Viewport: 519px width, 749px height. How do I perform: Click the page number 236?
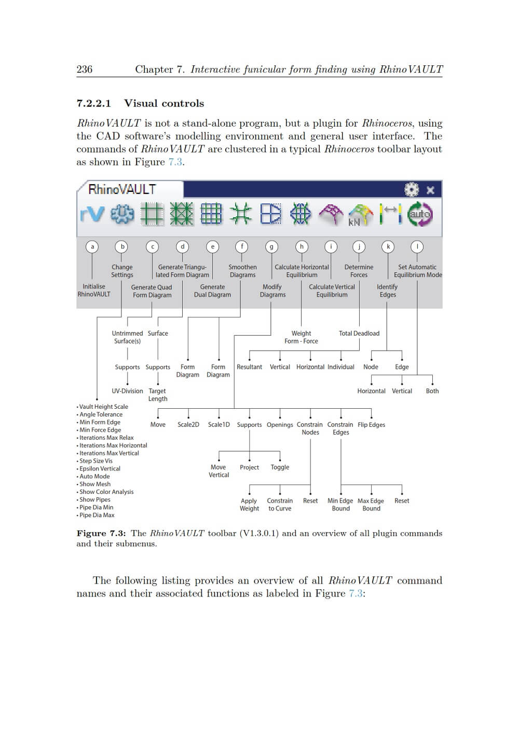pyautogui.click(x=84, y=70)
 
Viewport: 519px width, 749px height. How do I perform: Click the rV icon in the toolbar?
pyautogui.click(x=92, y=214)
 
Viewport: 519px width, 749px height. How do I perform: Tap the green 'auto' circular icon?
pyautogui.click(x=419, y=214)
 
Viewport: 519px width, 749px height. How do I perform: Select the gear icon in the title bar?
pyautogui.click(x=411, y=189)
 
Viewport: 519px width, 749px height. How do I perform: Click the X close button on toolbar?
pyautogui.click(x=430, y=190)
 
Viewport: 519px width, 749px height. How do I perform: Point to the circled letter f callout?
pyautogui.click(x=242, y=246)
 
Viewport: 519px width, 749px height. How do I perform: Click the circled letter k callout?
pyautogui.click(x=388, y=246)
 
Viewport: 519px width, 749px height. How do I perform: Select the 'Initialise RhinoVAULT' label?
pyautogui.click(x=94, y=290)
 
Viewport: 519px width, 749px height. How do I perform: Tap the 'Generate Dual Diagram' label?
pyautogui.click(x=212, y=290)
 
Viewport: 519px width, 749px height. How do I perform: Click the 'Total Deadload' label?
pyautogui.click(x=359, y=333)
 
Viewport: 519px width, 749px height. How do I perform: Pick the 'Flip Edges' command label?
pyautogui.click(x=371, y=424)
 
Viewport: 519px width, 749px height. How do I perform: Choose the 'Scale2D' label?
pyautogui.click(x=188, y=424)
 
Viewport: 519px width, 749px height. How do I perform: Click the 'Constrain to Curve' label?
pyautogui.click(x=280, y=504)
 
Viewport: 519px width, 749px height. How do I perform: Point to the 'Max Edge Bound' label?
pyautogui.click(x=371, y=504)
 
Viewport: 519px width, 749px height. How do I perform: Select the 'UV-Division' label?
pyautogui.click(x=127, y=391)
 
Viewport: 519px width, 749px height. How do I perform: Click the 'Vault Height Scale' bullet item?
pyautogui.click(x=103, y=407)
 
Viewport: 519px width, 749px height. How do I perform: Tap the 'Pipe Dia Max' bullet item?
pyautogui.click(x=97, y=515)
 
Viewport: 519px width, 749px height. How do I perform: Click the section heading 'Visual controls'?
pyautogui.click(x=164, y=103)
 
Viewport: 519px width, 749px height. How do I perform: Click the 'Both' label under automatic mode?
pyautogui.click(x=432, y=391)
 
